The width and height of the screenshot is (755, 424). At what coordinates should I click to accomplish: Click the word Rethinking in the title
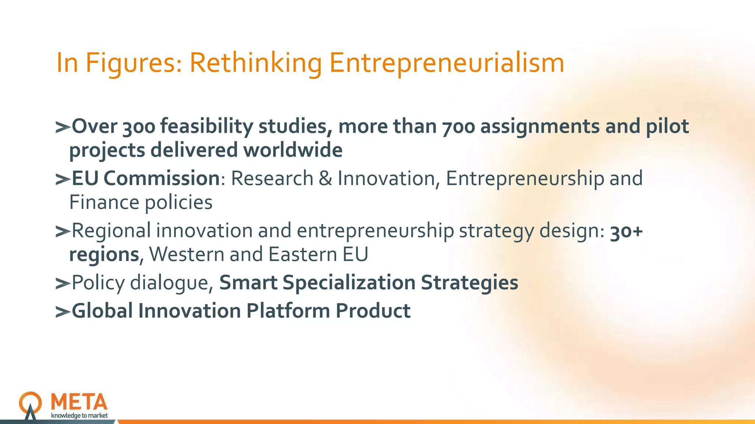point(255,63)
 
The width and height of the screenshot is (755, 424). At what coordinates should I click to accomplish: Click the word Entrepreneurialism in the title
point(446,63)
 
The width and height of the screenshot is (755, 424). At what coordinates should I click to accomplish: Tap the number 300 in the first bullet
point(139,127)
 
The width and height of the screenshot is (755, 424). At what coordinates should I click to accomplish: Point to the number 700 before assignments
point(459,127)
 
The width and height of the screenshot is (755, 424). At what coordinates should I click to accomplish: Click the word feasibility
point(206,127)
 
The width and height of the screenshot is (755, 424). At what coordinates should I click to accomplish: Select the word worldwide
point(293,150)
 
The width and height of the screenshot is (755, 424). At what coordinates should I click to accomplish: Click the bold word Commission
point(161,179)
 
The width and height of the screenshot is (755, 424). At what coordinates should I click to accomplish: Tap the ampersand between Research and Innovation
point(325,179)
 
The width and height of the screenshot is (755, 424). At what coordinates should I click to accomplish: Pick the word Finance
point(104,202)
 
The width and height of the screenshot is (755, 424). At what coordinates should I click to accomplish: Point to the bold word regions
point(104,255)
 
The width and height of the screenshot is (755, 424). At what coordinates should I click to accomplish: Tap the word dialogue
point(171,283)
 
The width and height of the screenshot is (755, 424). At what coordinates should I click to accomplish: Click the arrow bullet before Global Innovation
point(62,312)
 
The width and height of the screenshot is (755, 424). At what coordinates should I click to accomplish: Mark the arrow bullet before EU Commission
point(62,179)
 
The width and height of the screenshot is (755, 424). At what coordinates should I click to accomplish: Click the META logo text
point(79,402)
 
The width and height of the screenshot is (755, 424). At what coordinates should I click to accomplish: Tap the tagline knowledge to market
point(79,416)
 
